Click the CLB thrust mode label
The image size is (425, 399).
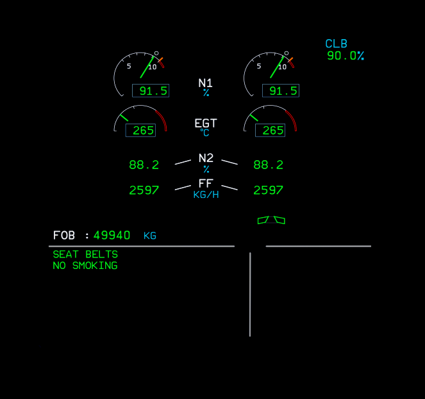[336, 44]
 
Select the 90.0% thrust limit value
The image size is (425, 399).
[345, 56]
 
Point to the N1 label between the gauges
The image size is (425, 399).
[206, 83]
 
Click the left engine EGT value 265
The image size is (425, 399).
[143, 131]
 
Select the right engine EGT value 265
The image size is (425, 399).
[272, 131]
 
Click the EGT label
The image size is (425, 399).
[206, 123]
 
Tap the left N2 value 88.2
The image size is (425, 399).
[144, 165]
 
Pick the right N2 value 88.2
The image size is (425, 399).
[268, 165]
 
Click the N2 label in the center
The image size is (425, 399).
[206, 158]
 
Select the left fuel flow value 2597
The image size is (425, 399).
[144, 190]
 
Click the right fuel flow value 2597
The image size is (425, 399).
[268, 190]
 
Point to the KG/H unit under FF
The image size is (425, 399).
[206, 195]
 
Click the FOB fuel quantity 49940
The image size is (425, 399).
[112, 236]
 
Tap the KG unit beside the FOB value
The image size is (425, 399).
[150, 236]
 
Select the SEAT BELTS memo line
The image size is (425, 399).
[85, 254]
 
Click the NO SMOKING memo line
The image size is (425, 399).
[85, 266]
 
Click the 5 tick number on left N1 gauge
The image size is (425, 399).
[129, 66]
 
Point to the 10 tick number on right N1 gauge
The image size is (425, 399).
[281, 67]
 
